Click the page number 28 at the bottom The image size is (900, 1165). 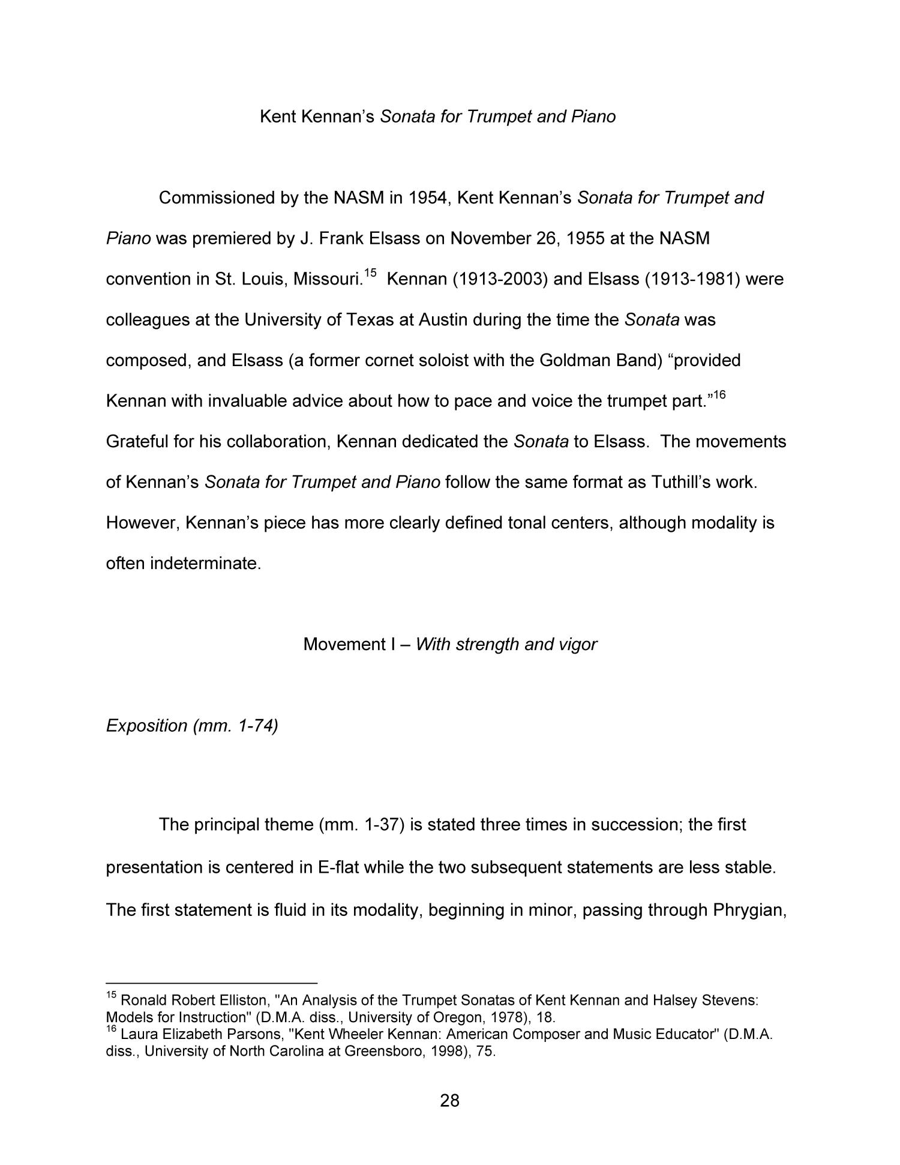click(x=449, y=1100)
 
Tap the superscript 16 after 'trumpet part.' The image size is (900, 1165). click(x=719, y=395)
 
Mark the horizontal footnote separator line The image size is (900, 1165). click(x=211, y=983)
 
